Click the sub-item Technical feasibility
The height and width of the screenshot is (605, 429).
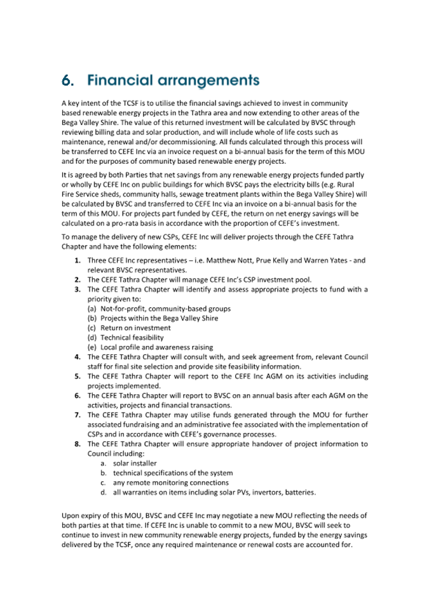[x=132, y=337]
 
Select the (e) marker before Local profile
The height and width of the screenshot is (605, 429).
[x=92, y=347]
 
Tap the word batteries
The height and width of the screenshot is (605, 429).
[x=301, y=492]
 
